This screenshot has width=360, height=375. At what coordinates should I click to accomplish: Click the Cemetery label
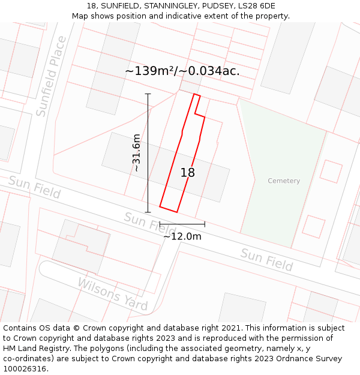(284, 181)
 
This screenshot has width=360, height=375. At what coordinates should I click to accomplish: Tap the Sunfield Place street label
(51, 76)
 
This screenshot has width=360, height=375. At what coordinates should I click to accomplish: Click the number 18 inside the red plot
(188, 173)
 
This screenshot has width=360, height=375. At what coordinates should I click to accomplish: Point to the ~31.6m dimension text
(136, 153)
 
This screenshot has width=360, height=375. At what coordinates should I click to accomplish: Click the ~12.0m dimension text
(182, 236)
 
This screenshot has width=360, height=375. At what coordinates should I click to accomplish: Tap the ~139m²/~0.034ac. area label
(182, 71)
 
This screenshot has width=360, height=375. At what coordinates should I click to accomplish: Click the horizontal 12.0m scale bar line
(182, 224)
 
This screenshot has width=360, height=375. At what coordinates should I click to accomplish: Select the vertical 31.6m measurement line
(148, 153)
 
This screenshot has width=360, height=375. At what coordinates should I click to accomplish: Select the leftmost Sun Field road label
(34, 187)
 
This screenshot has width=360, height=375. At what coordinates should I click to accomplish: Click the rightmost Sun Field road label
(266, 259)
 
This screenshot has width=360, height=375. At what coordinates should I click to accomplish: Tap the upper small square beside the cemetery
(331, 171)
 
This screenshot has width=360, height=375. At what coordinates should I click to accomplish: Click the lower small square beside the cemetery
(313, 226)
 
